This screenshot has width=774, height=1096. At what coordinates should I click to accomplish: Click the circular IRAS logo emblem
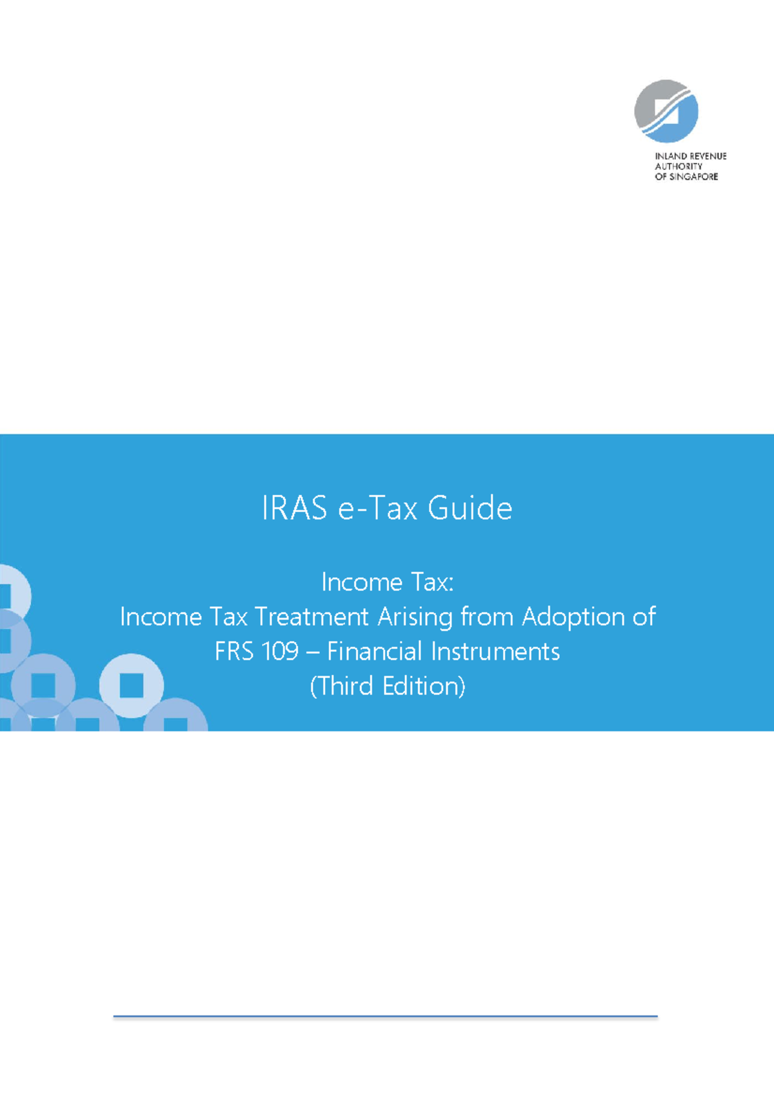(666, 111)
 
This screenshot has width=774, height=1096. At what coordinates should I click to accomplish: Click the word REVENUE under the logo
(708, 156)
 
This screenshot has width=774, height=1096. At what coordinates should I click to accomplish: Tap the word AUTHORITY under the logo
(679, 167)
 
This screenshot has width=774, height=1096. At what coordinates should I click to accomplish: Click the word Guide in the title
(470, 509)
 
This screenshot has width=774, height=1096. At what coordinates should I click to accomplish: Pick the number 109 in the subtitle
(280, 652)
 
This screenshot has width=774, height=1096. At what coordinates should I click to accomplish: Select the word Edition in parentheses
(422, 686)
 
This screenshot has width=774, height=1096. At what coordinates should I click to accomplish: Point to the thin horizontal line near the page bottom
(386, 1017)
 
